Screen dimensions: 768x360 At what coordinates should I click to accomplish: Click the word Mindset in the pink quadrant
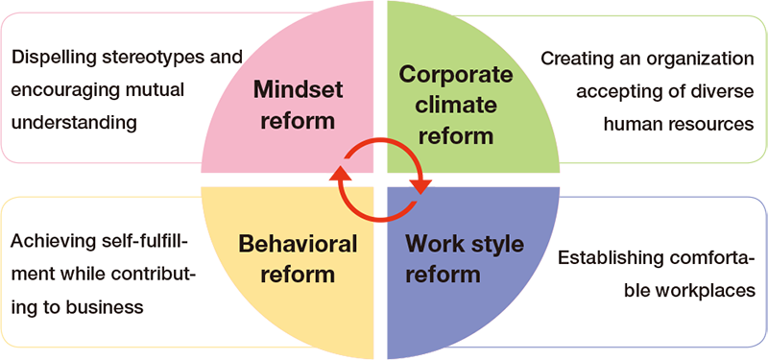(298, 90)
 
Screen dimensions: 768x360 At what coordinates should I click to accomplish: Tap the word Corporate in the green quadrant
(455, 76)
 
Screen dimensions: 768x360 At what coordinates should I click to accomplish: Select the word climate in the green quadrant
(455, 106)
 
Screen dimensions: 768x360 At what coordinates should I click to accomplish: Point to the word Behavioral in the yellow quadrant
(298, 244)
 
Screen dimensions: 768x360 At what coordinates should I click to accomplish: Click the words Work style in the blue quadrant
(465, 244)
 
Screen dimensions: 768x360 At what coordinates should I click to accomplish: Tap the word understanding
(74, 123)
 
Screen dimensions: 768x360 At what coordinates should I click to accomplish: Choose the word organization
(701, 60)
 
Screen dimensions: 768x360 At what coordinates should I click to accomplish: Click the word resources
(711, 124)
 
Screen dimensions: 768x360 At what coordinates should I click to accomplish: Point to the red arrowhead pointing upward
(340, 173)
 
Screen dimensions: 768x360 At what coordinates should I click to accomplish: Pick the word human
(634, 124)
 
